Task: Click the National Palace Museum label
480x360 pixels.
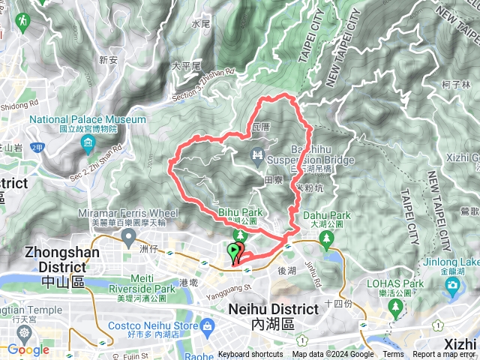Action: click(x=88, y=120)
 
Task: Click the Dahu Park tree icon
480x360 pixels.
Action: click(x=326, y=240)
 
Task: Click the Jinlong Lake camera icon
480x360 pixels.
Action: click(x=452, y=286)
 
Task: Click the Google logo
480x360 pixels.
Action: click(x=28, y=349)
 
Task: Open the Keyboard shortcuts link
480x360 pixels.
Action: click(x=250, y=355)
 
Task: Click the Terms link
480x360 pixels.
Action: click(x=393, y=355)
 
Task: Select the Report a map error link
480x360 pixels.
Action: click(x=444, y=355)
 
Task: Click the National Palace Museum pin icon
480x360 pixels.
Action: click(x=88, y=142)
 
